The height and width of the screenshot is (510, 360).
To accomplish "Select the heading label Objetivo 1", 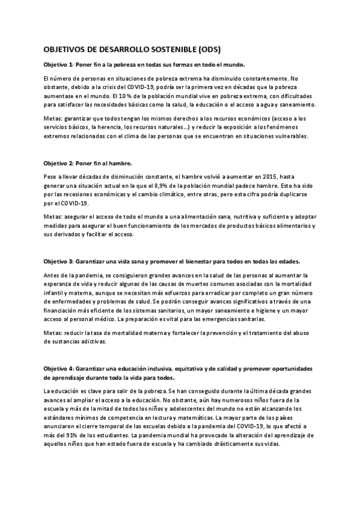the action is [58, 64].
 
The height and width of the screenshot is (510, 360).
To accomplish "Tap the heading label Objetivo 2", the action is [58, 163].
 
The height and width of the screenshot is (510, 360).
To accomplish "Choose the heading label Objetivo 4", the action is [58, 367].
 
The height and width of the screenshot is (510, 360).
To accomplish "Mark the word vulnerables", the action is [289, 136].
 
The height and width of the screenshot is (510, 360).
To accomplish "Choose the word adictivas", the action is [91, 341].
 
